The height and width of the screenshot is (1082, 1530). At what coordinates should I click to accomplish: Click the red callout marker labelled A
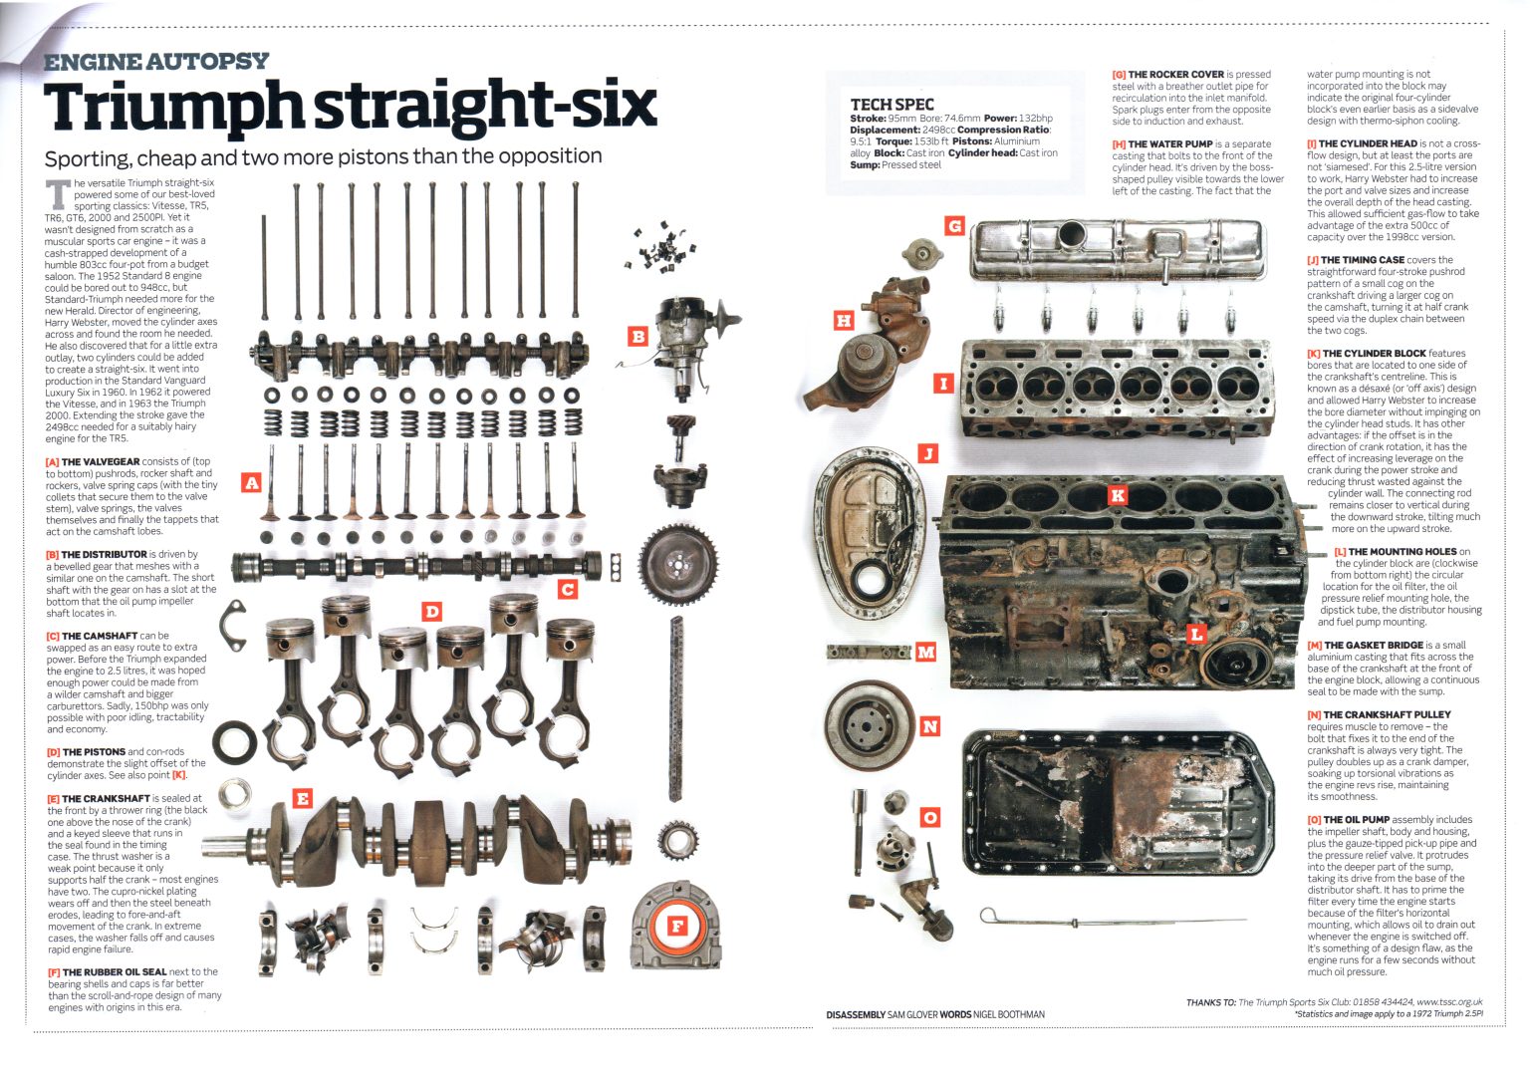(x=251, y=483)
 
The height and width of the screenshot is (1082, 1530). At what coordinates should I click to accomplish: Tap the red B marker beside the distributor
(x=637, y=337)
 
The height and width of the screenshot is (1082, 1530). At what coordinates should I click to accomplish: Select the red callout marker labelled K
(x=1117, y=495)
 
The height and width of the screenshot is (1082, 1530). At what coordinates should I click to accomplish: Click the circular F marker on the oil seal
(x=677, y=926)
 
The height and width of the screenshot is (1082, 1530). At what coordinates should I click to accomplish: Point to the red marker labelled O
(x=929, y=817)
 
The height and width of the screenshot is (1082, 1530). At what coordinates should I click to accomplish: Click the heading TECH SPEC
(x=892, y=105)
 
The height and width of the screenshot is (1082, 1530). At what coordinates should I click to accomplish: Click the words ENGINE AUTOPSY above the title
(x=156, y=62)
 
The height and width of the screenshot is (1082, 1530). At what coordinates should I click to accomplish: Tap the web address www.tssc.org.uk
(x=1449, y=1002)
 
